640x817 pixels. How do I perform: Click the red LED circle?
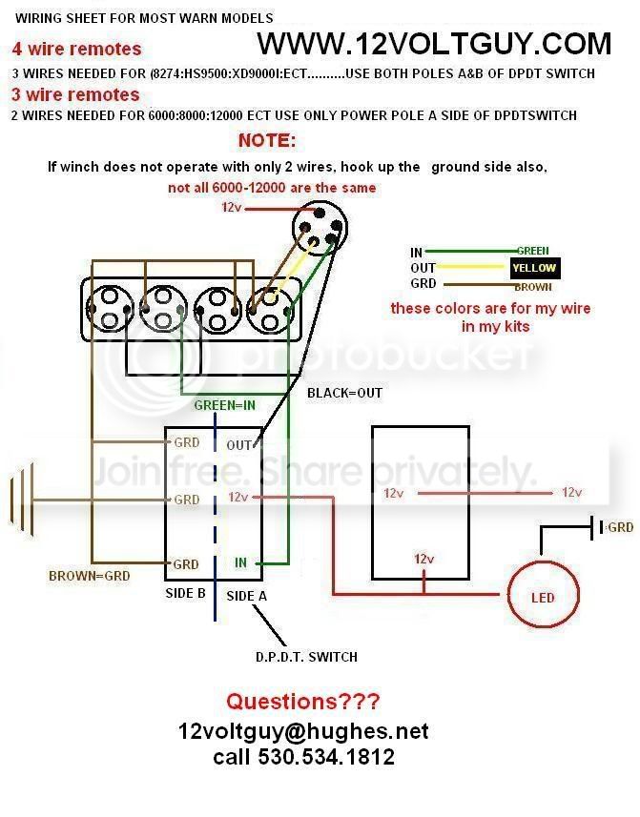(508, 594)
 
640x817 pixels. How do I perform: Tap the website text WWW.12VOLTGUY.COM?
(434, 43)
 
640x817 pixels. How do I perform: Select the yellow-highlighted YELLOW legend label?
(534, 268)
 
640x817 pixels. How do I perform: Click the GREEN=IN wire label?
(225, 405)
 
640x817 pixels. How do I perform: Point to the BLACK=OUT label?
(344, 393)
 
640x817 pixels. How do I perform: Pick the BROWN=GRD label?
(89, 576)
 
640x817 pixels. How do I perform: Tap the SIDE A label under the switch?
(246, 596)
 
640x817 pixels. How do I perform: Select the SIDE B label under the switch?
(186, 593)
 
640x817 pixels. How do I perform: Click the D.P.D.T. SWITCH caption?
(306, 657)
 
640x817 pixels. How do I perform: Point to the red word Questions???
(302, 702)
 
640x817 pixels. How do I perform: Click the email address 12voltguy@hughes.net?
(303, 731)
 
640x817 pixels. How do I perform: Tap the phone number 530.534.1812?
(326, 757)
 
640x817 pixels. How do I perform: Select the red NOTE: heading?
(267, 140)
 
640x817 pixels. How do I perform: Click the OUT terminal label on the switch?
(239, 445)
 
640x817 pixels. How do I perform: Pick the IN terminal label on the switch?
(240, 562)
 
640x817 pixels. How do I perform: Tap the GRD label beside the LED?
(620, 527)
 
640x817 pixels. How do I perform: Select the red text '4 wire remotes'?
(76, 49)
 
